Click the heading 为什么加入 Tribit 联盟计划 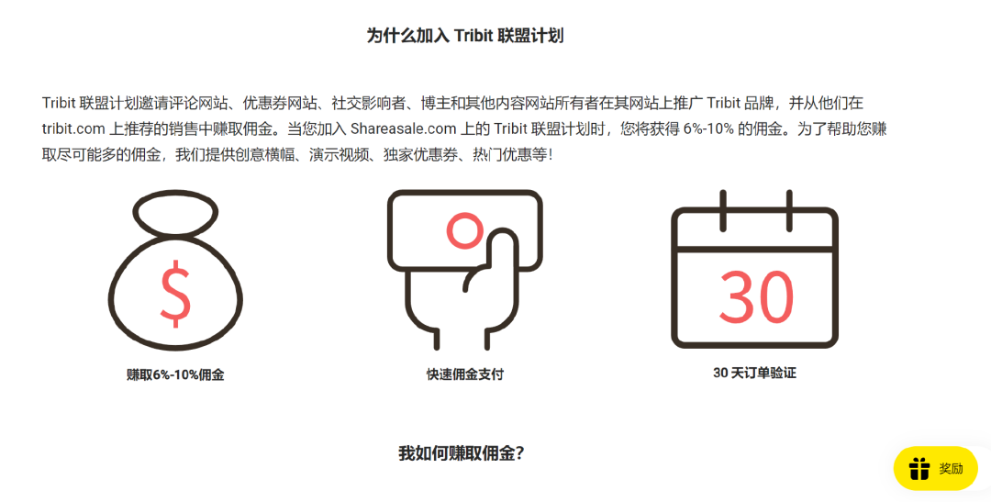pyautogui.click(x=464, y=36)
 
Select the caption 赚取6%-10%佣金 pyautogui.click(x=175, y=374)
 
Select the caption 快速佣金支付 pyautogui.click(x=464, y=374)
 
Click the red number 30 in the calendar pyautogui.click(x=756, y=296)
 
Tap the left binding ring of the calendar pyautogui.click(x=724, y=210)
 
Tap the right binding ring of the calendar pyautogui.click(x=787, y=210)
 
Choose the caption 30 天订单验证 pyautogui.click(x=754, y=374)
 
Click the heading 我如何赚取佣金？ pyautogui.click(x=462, y=452)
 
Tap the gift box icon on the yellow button pyautogui.click(x=919, y=469)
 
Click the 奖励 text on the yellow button pyautogui.click(x=952, y=469)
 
